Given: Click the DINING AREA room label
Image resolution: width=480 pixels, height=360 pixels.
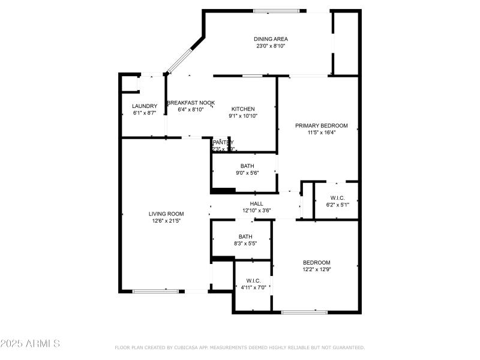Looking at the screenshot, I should click(x=270, y=39).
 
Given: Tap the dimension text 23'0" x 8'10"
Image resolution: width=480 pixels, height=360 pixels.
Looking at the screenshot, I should click(x=270, y=46).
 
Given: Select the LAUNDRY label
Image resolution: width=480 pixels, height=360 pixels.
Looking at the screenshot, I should click(x=144, y=106).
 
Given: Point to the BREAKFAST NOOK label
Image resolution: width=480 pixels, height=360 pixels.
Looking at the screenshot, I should click(x=191, y=103).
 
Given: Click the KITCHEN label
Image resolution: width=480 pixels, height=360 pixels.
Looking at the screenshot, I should click(x=243, y=109).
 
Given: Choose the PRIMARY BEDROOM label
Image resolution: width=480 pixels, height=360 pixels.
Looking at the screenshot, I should click(x=321, y=125).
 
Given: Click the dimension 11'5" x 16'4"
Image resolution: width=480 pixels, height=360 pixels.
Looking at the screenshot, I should click(x=321, y=133).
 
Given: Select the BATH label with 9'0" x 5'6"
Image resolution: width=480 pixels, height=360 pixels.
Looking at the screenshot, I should click(x=247, y=166).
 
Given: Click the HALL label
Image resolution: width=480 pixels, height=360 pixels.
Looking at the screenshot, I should click(x=256, y=204).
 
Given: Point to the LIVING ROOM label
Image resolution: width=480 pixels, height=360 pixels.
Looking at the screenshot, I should click(x=166, y=214).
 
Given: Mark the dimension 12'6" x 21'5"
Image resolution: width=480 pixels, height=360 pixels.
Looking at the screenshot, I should click(x=166, y=221).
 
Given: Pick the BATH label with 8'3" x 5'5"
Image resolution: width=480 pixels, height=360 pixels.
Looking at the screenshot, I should click(x=245, y=236).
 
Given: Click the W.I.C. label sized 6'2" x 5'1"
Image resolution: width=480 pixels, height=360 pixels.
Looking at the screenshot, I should click(x=337, y=198).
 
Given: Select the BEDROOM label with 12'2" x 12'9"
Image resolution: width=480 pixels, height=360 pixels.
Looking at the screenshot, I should click(x=316, y=263).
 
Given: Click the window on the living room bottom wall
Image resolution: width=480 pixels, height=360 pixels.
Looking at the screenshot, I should click(x=155, y=292).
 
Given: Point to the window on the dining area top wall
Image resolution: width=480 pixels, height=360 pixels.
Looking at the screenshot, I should click(x=275, y=11).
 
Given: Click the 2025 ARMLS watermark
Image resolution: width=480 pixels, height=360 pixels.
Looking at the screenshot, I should click(x=30, y=344).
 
